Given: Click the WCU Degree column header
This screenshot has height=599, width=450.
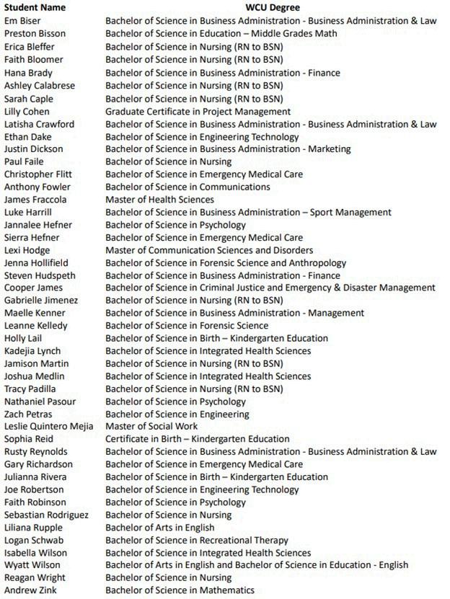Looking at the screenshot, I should pos(271,7).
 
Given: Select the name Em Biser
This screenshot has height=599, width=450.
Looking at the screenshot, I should pos(22,20).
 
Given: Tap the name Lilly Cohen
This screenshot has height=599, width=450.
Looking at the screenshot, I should pos(27,111).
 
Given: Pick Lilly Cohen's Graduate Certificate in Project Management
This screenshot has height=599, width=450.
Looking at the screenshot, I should pos(198,111).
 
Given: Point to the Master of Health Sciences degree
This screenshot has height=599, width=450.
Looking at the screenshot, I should pos(159,200).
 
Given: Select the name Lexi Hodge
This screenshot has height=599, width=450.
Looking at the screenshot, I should pos(27,250).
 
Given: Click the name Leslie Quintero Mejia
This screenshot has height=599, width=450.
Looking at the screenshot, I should pos(48,426).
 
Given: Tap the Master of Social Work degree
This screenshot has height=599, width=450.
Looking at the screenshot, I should pos(151,426).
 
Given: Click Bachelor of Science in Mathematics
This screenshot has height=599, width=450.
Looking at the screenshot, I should pos(180,590).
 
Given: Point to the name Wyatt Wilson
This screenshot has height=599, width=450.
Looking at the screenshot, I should pos(32,565).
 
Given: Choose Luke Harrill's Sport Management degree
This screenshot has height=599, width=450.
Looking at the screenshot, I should pos(248,212).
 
